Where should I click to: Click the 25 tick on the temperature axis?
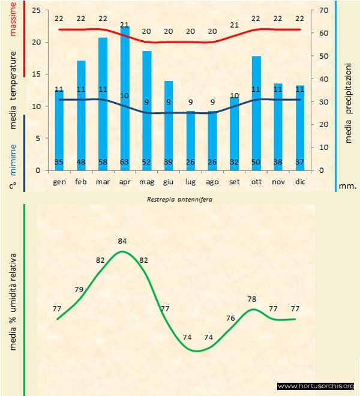tap(35, 11)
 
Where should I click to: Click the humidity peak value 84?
tap(122, 241)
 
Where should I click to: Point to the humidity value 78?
tap(252, 299)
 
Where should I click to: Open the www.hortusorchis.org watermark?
tap(316, 386)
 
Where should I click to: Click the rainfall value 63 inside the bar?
tap(125, 162)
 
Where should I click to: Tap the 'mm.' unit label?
tap(347, 186)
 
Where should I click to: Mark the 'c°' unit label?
tap(13, 186)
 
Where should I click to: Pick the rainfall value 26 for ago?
tap(212, 162)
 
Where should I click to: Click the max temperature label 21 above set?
tap(235, 25)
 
